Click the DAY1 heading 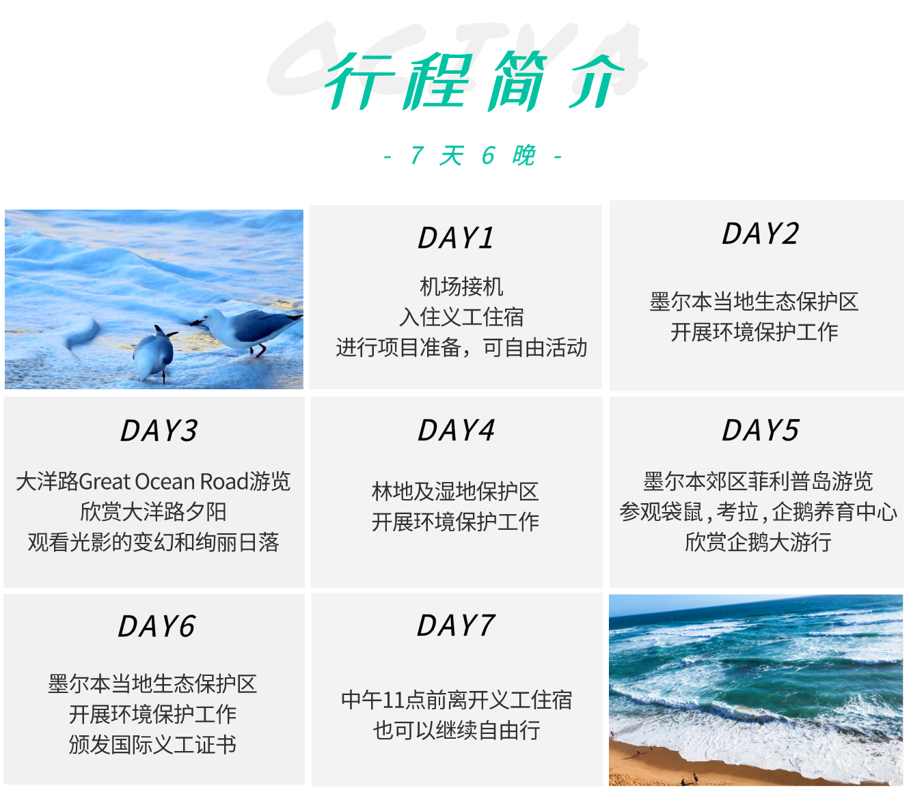coord(455,238)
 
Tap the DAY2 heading coord(760,234)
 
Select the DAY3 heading coord(159,430)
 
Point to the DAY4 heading coord(456,430)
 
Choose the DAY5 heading coord(760,430)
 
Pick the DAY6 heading coord(157,626)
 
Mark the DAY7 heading coord(455,625)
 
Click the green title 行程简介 coord(474,81)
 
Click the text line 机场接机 coord(461,287)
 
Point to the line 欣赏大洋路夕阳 coord(153,512)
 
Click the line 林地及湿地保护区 coord(455,492)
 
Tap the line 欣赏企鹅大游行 coord(758,542)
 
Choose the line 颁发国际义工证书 coord(152,744)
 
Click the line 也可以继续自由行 coord(457,730)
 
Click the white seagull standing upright coord(247,330)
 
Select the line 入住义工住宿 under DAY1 coord(461,317)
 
